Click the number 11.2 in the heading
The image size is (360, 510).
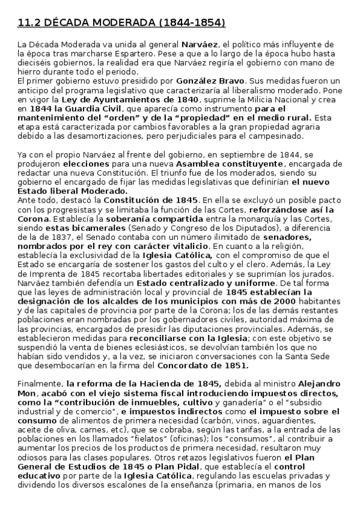click(x=28, y=23)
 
